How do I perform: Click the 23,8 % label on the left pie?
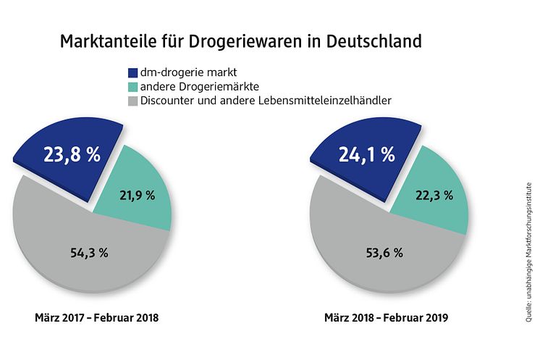[x=72, y=156]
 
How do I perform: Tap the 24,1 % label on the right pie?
[x=367, y=155]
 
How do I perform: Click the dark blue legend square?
[x=132, y=73]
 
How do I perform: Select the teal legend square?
[x=132, y=87]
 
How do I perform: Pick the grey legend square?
[x=132, y=101]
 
